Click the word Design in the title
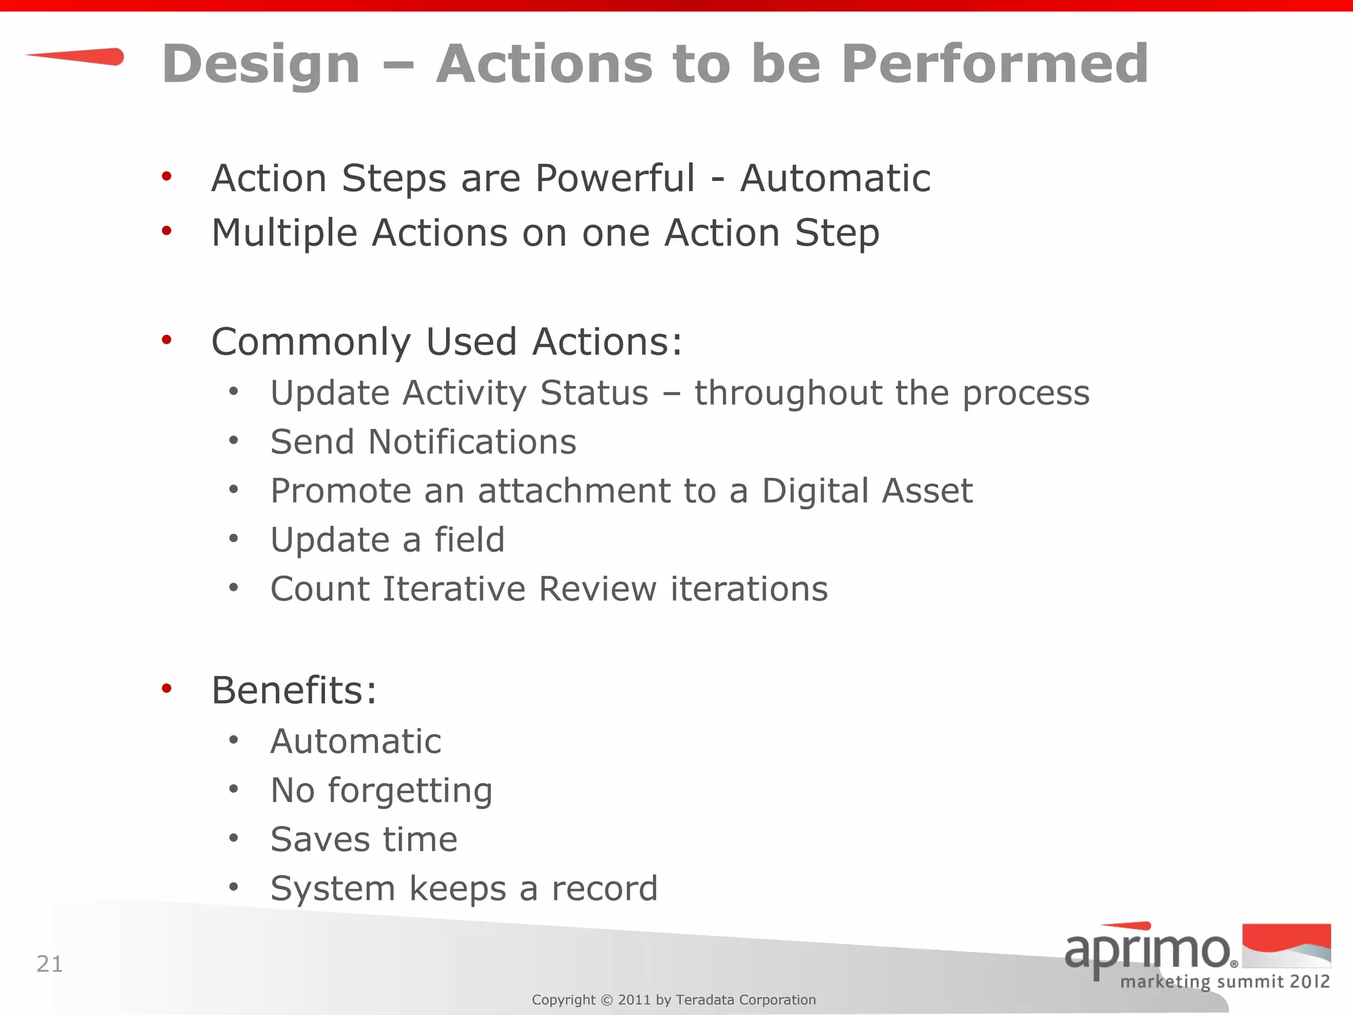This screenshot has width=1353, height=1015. pyautogui.click(x=261, y=65)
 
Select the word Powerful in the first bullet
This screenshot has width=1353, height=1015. pyautogui.click(x=614, y=178)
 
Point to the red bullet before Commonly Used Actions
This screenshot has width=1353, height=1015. pyautogui.click(x=166, y=340)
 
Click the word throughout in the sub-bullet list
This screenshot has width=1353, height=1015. pyautogui.click(x=787, y=394)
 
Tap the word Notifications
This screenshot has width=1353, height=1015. pyautogui.click(x=472, y=442)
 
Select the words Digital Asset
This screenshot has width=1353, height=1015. pyautogui.click(x=867, y=491)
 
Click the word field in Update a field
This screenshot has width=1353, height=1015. pyautogui.click(x=469, y=540)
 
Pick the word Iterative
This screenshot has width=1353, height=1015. pyautogui.click(x=453, y=589)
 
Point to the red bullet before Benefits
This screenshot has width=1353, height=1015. pyautogui.click(x=166, y=689)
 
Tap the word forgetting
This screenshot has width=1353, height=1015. pyautogui.click(x=410, y=791)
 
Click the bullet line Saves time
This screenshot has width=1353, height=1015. pyautogui.click(x=363, y=840)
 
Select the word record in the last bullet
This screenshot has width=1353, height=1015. pyautogui.click(x=604, y=889)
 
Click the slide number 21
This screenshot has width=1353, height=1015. pyautogui.click(x=50, y=964)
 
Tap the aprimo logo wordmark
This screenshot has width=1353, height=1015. pyautogui.click(x=1148, y=950)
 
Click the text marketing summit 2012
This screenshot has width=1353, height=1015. pyautogui.click(x=1225, y=981)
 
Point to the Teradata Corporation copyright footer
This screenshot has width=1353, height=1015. pyautogui.click(x=674, y=1000)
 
